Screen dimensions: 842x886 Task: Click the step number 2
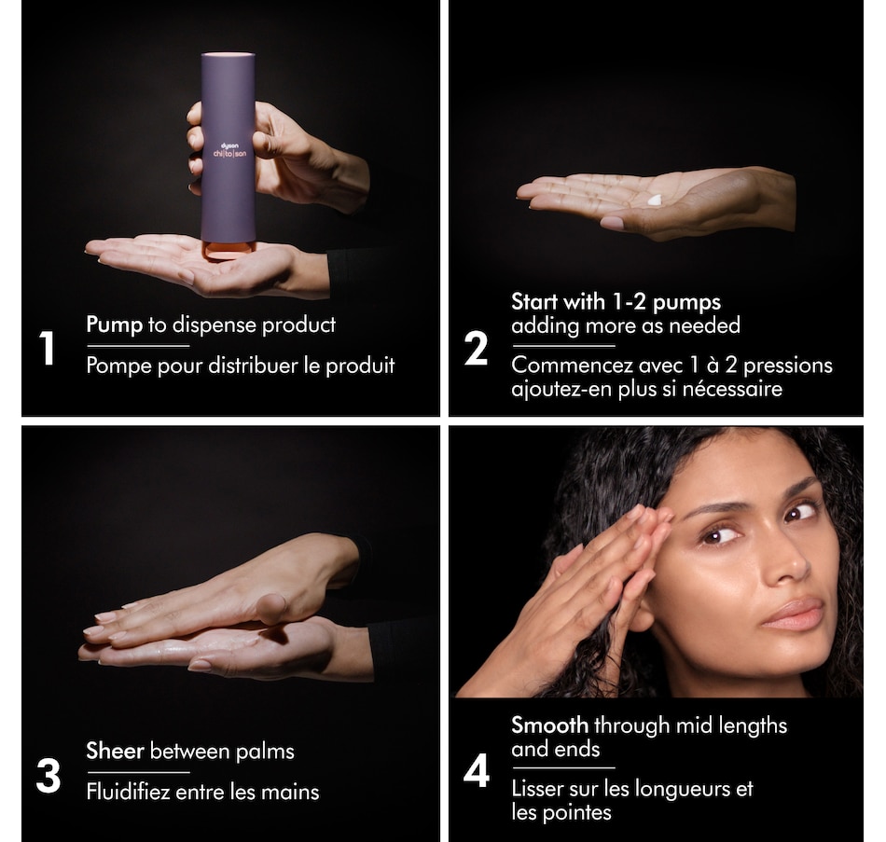pos(476,349)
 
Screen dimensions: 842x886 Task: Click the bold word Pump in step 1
pos(114,324)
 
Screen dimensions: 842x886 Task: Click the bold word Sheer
pos(115,751)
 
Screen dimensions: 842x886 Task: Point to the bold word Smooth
pos(549,725)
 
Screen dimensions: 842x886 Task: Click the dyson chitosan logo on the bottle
pos(228,148)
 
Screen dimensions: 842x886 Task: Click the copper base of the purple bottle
pos(228,250)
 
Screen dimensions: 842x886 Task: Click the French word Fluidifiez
pos(132,793)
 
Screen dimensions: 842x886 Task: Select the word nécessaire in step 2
pos(732,388)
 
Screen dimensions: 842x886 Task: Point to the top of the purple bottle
pos(228,56)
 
